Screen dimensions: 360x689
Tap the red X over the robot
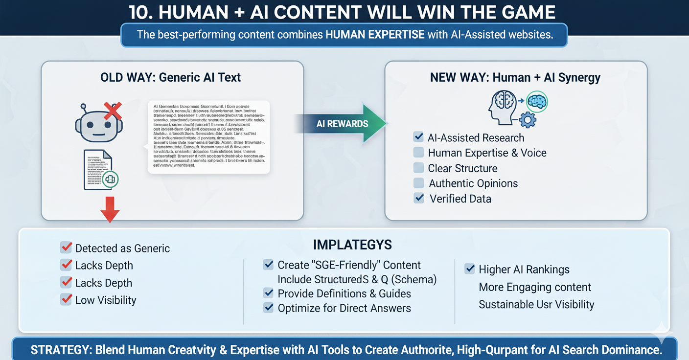point(113,111)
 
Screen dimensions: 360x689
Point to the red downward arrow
point(110,209)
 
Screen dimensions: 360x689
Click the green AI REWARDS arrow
point(343,123)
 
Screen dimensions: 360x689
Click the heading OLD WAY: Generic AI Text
point(170,77)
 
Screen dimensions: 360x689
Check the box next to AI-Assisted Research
point(418,137)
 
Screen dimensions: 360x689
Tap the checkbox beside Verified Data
point(419,198)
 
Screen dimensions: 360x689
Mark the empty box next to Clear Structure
point(418,168)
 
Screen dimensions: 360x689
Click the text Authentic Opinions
point(473,183)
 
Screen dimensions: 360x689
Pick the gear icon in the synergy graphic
point(528,120)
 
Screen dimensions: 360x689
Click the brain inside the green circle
point(537,102)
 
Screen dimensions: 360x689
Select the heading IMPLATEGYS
point(352,245)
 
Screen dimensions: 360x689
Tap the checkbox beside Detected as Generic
point(66,247)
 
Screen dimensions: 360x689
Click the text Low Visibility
point(106,300)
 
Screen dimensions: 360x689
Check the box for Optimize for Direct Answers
point(268,308)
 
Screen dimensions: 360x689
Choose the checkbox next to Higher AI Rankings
point(470,269)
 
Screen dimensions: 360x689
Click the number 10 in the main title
point(142,12)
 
